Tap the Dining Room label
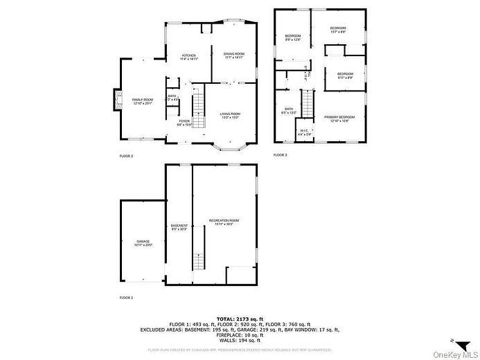point(234,55)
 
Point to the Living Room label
point(230,115)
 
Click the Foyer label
point(184,123)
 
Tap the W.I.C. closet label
point(304,132)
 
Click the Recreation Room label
point(224,222)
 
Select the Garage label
point(143,243)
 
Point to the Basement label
point(179,226)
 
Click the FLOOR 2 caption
point(126,156)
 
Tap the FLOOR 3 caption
point(280,155)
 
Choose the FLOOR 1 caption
point(126,297)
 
